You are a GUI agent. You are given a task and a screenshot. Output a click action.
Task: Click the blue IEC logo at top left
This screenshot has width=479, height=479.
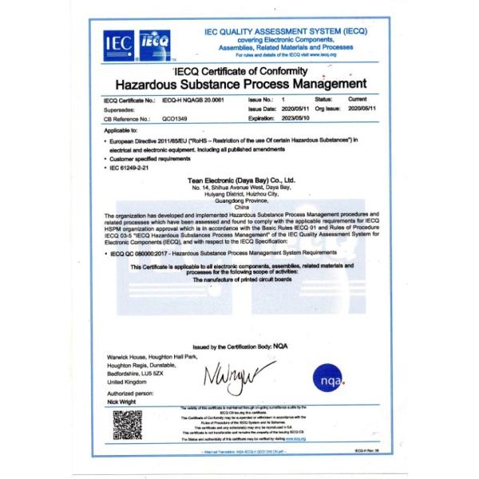pos(114,42)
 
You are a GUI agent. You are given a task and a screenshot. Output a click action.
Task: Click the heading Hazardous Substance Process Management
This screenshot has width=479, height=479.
pos(241,83)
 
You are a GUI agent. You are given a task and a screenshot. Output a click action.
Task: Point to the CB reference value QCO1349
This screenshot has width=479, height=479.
pos(174,117)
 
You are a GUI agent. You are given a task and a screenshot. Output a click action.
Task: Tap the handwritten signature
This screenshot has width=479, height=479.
pos(239,373)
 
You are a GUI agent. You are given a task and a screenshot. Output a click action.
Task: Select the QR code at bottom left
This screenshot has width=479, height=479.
pos(126,427)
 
